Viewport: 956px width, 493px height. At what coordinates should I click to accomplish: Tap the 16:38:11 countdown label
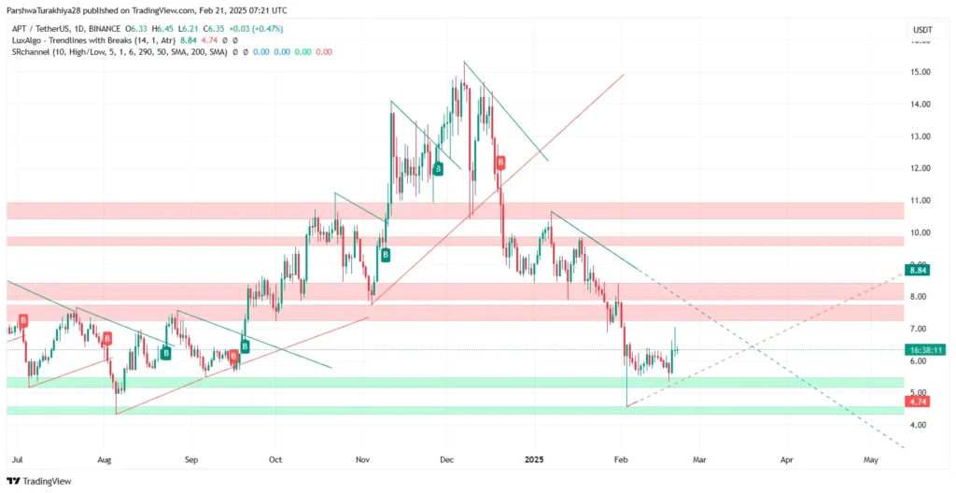(x=925, y=350)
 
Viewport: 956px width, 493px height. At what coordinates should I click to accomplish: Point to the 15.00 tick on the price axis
(x=921, y=72)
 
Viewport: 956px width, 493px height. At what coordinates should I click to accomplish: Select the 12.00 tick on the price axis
(x=921, y=168)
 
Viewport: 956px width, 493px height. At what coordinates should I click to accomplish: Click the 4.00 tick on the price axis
(x=921, y=425)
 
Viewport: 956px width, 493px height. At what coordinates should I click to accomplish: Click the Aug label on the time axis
(x=105, y=460)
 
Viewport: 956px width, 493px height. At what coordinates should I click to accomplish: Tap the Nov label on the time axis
(x=364, y=460)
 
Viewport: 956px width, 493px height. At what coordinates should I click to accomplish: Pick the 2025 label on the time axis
(x=535, y=460)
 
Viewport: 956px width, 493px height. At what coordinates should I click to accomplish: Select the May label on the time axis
(x=871, y=460)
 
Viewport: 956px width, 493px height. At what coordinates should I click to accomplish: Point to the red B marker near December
(x=500, y=162)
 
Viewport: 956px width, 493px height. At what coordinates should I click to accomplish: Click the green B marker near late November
(x=437, y=169)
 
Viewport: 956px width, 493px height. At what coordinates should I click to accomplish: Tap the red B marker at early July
(x=22, y=320)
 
